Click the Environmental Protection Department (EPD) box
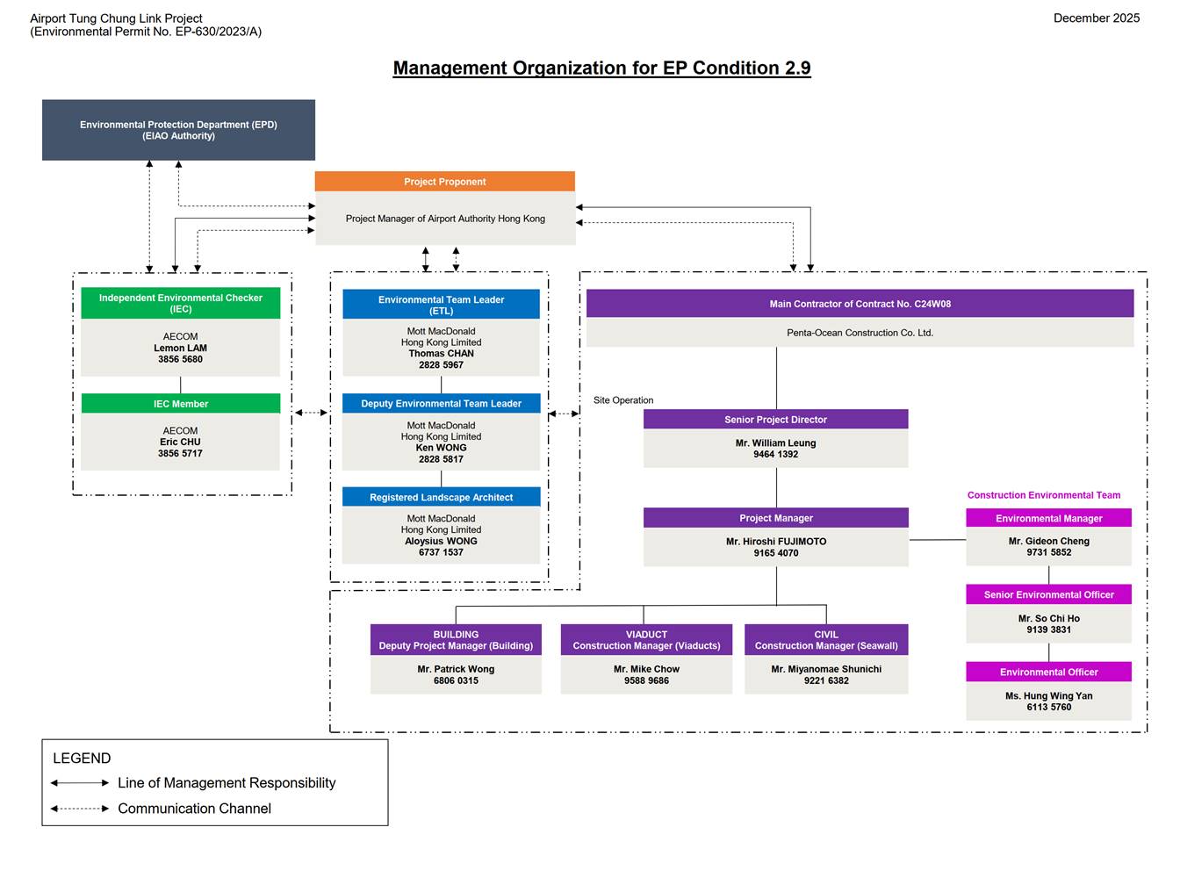click(178, 130)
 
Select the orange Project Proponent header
click(444, 182)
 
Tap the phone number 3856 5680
click(180, 359)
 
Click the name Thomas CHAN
click(441, 354)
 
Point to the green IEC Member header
click(180, 404)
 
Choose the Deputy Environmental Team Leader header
click(441, 404)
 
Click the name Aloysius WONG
click(441, 541)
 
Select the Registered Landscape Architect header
click(441, 497)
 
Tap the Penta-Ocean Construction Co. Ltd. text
click(860, 333)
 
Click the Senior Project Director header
click(775, 420)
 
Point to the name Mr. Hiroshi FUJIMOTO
click(775, 542)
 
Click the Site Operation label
click(623, 400)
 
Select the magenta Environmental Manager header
click(1048, 519)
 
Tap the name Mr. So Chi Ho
click(1048, 618)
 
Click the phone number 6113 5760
click(1048, 707)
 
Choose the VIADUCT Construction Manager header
click(646, 640)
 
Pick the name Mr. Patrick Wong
click(456, 669)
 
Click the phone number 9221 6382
click(826, 680)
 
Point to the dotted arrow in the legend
click(80, 809)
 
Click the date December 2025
click(1096, 18)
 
